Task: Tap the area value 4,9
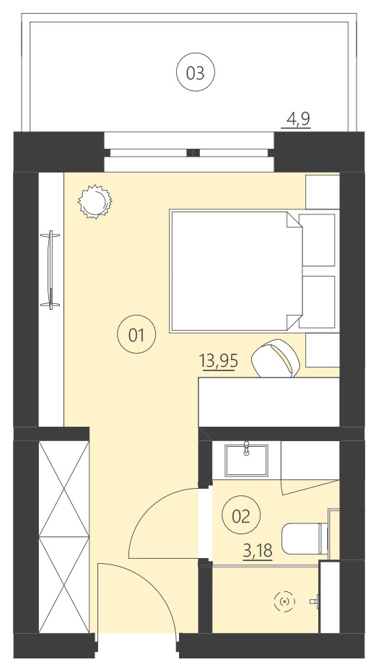coord(298,119)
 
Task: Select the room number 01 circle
coord(136,334)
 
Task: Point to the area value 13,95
coord(219,360)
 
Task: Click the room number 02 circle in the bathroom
coord(240,515)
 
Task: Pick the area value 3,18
coord(258,552)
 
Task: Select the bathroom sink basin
coord(247,460)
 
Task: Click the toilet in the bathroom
coord(303,539)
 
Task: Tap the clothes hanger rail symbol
coord(51,269)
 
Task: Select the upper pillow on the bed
coord(318,239)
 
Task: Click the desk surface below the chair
coord(267,401)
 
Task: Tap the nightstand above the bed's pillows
coord(322,192)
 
